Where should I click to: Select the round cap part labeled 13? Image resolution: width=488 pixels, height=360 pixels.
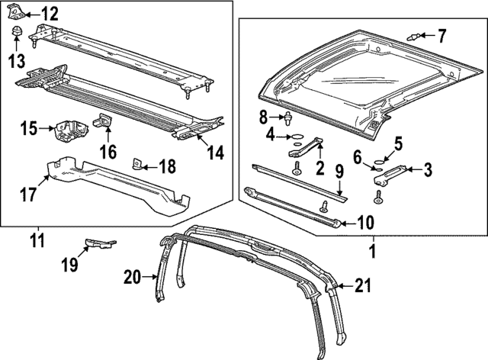click(x=17, y=31)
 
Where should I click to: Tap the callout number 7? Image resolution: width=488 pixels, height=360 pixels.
click(x=441, y=35)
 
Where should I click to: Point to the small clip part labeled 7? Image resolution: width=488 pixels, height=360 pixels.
click(x=416, y=35)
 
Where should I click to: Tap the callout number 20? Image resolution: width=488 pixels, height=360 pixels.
click(x=133, y=278)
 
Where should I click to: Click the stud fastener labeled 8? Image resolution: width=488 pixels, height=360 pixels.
click(x=290, y=118)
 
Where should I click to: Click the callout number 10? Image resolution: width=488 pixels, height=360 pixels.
click(x=365, y=223)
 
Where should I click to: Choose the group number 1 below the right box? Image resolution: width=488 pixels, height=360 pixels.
click(x=373, y=249)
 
